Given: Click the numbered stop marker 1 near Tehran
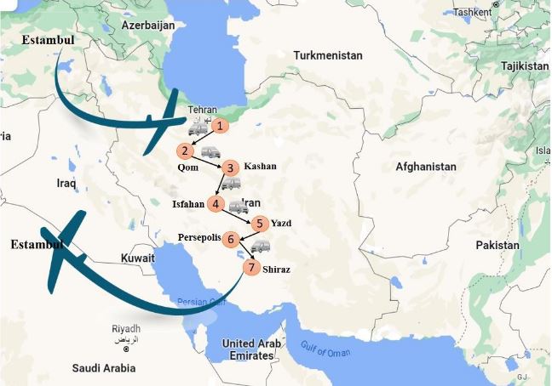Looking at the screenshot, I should click(220, 126).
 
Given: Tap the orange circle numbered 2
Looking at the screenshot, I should click(184, 151).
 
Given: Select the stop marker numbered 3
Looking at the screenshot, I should click(230, 167).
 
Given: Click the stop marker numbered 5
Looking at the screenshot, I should click(261, 224).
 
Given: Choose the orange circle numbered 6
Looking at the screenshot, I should click(231, 240).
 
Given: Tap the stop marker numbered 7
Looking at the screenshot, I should click(250, 267).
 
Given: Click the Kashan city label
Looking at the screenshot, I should click(260, 166).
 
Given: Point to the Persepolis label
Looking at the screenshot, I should click(200, 237).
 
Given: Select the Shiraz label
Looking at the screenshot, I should click(277, 270).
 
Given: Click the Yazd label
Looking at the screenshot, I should click(281, 224).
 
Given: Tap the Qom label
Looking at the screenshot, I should click(187, 167).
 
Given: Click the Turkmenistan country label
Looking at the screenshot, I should click(327, 55).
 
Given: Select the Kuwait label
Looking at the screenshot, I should click(137, 258).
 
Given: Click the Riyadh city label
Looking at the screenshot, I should click(125, 329).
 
